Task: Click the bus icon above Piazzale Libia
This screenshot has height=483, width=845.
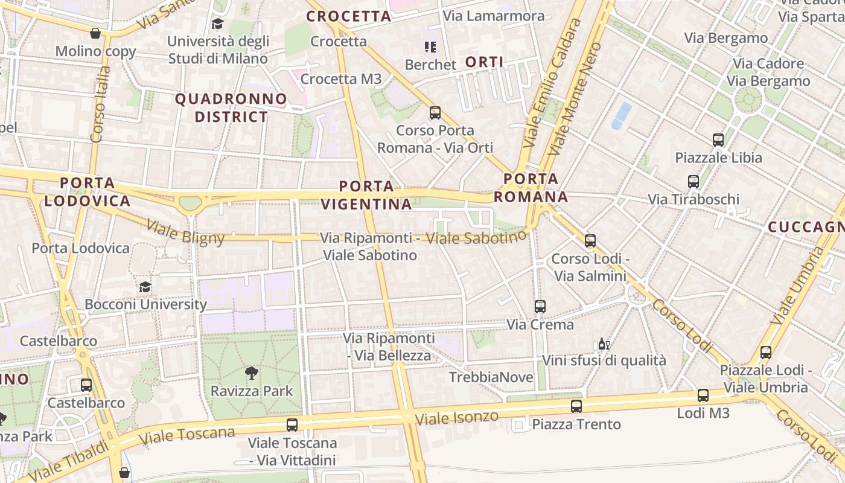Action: [x=718, y=140]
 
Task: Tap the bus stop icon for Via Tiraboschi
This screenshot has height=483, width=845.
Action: [x=694, y=181]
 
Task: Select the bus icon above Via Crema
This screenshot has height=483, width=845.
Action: [x=540, y=307]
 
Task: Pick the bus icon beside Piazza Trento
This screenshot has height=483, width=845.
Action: [x=576, y=406]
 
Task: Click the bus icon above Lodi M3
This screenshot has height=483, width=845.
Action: [x=703, y=395]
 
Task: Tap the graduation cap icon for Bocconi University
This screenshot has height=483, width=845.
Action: [x=145, y=287]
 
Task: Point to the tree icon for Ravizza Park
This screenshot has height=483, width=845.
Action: [x=252, y=373]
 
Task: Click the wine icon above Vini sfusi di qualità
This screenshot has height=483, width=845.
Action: [x=603, y=344]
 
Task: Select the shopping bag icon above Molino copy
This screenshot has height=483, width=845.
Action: [x=95, y=33]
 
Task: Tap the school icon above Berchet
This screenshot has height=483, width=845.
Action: [x=430, y=46]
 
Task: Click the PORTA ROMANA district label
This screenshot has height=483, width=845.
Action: [x=531, y=188]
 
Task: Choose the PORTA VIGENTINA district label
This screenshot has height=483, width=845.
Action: [x=366, y=195]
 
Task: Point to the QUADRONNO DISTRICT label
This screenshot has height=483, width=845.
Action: [x=231, y=107]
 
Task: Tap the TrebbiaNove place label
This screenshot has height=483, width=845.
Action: [x=491, y=377]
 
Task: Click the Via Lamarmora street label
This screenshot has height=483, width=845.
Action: [x=494, y=16]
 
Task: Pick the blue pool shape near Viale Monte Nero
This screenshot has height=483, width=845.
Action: [x=621, y=115]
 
